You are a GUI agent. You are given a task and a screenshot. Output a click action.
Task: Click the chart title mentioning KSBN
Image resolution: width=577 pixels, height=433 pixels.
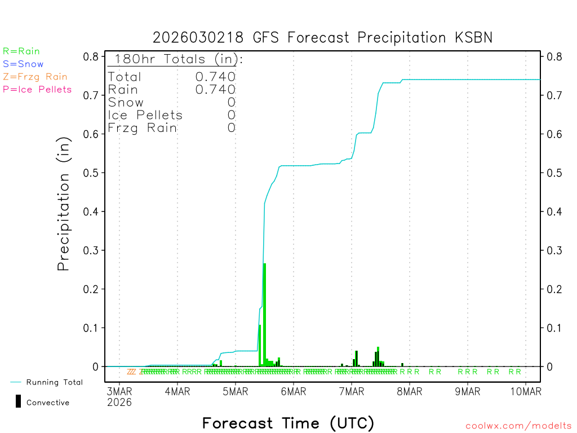pos(323,38)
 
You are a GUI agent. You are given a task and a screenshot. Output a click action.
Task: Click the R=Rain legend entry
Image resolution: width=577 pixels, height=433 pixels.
pos(21,51)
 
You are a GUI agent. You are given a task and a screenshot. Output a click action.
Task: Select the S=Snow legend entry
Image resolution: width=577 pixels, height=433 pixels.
pos(23,64)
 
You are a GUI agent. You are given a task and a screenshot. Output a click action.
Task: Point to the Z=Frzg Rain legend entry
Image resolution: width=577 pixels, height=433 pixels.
pos(35,77)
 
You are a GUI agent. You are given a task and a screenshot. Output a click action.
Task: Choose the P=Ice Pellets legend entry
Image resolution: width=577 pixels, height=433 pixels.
pos(37,89)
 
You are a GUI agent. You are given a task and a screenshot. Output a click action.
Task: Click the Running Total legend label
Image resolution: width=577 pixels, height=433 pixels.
pos(54,382)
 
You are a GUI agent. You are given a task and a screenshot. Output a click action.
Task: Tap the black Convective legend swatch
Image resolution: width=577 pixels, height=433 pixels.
pos(19,401)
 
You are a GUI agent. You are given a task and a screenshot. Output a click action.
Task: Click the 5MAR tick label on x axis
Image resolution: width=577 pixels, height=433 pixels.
pos(236,390)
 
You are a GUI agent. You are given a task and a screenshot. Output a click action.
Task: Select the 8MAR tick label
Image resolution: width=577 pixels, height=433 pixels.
pos(410,390)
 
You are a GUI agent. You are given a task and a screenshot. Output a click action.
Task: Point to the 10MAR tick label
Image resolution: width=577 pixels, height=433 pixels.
pos(525,390)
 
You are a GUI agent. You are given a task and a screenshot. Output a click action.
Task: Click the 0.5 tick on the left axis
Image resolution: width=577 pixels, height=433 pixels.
pos(92,173)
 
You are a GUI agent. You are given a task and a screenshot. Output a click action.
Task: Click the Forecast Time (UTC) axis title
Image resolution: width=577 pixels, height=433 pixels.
pos(288,423)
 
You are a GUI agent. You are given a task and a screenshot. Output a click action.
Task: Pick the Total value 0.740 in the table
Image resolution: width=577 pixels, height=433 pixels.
pos(215,77)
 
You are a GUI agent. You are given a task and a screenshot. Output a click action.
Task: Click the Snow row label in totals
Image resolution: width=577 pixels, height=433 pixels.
pos(126,102)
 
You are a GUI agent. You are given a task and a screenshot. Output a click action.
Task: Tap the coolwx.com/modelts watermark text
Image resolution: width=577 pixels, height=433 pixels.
pos(518,426)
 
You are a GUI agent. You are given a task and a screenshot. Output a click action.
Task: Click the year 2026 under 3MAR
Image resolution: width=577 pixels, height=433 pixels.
pos(119,402)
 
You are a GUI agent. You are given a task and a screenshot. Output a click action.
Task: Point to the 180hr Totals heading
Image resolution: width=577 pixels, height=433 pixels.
pos(176,59)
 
